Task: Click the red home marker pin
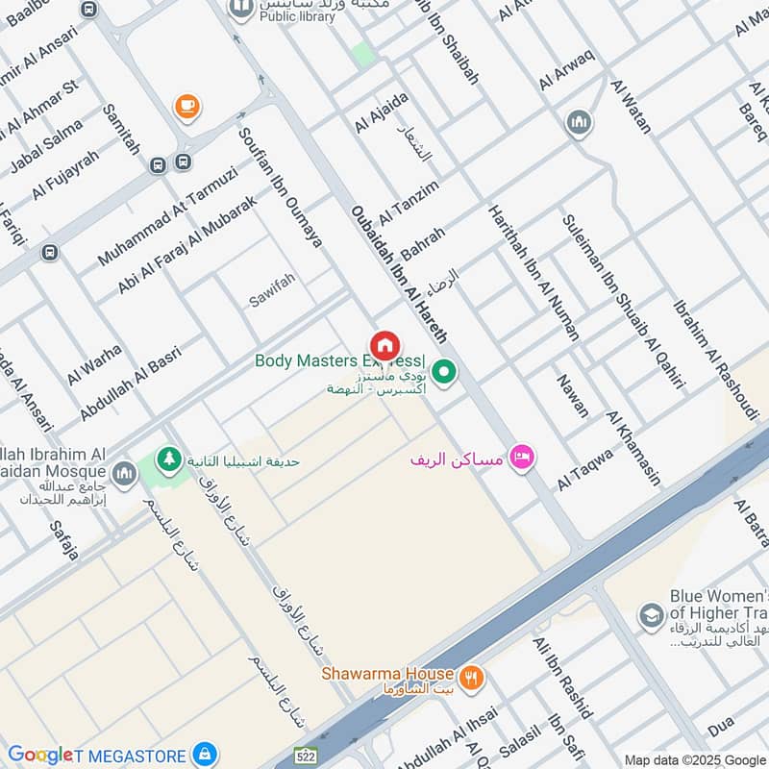(384, 345)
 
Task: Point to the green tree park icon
(170, 459)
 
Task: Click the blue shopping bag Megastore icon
(203, 754)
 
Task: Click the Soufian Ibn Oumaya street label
(281, 188)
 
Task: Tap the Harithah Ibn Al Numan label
(533, 273)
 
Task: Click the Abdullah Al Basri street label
(131, 383)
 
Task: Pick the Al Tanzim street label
(409, 201)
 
